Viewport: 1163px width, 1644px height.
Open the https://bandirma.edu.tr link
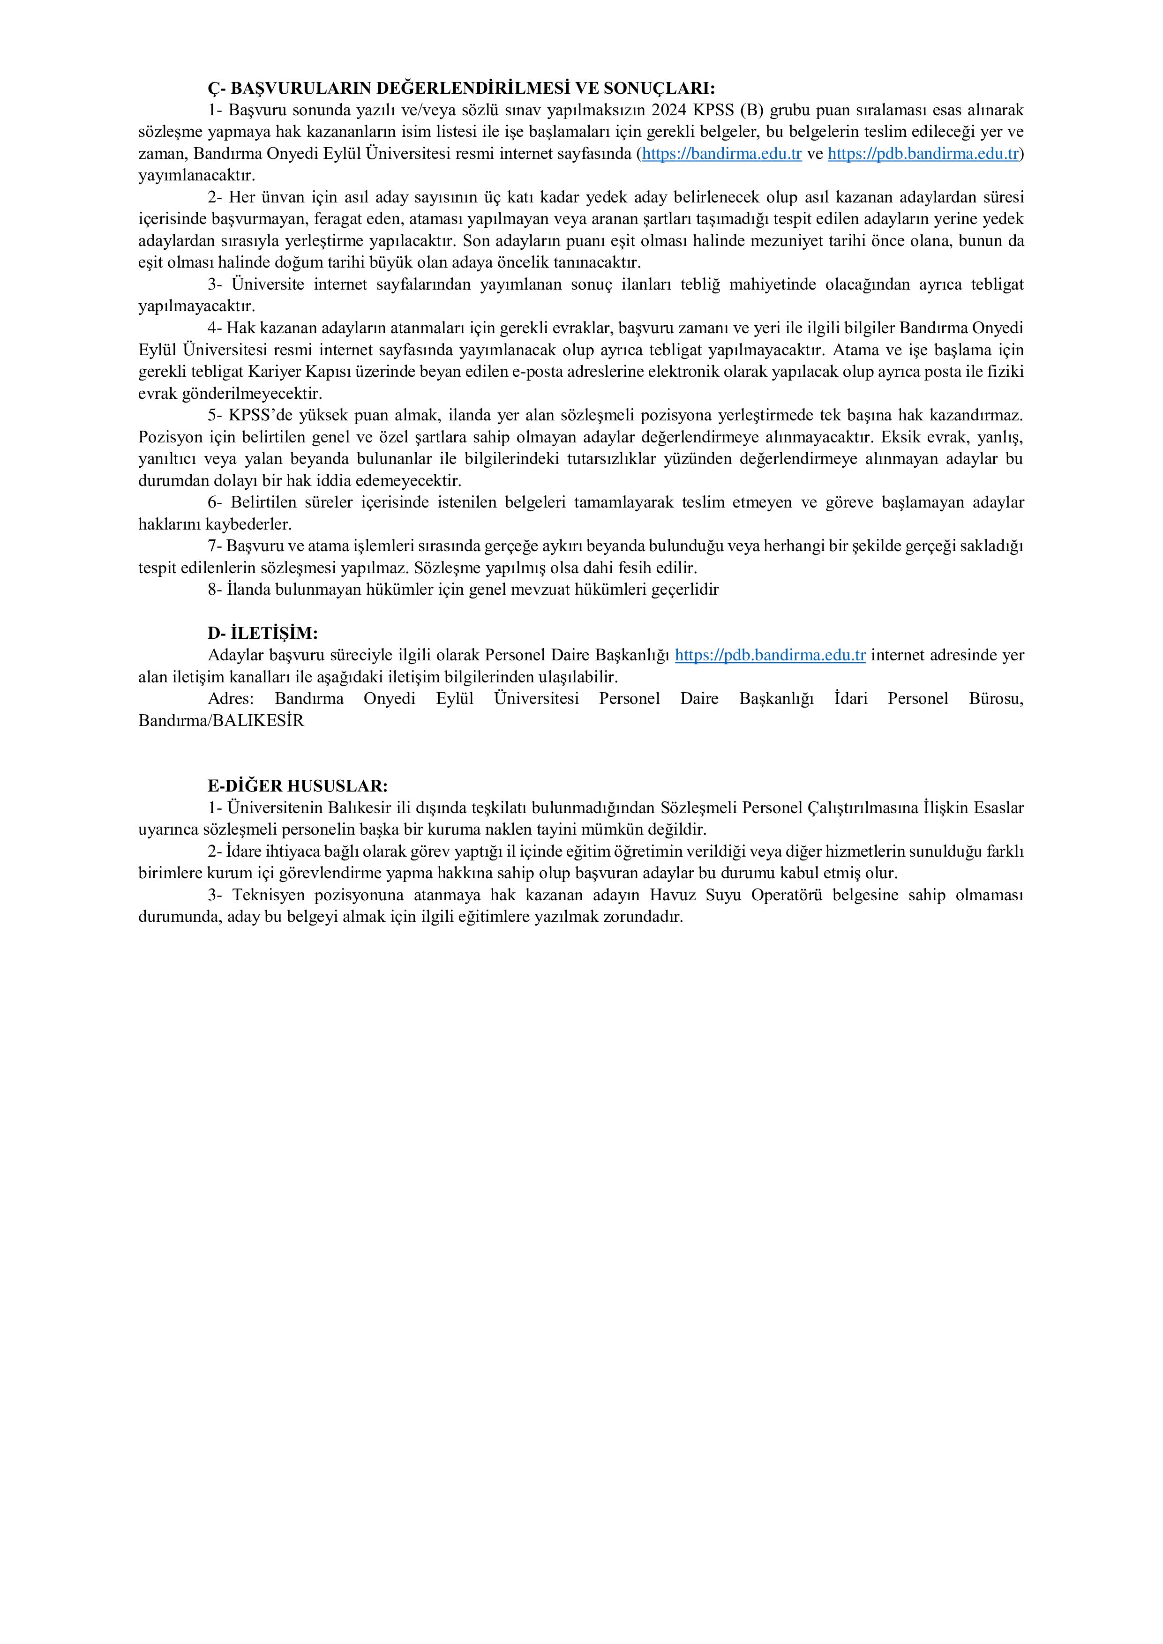pos(722,154)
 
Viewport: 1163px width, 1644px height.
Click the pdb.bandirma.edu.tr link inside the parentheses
pos(923,154)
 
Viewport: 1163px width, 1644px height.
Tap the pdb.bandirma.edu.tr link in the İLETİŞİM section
pos(771,655)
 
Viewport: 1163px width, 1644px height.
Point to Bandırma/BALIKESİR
pos(221,721)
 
